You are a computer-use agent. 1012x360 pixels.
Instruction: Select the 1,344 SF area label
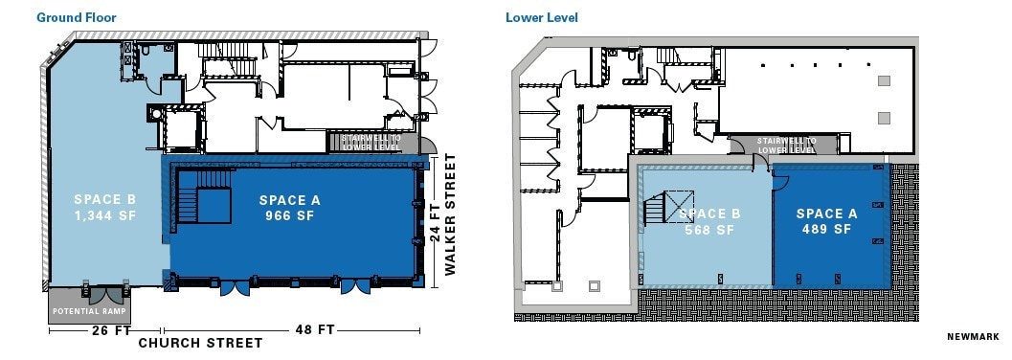105,216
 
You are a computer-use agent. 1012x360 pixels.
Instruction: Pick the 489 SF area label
826,230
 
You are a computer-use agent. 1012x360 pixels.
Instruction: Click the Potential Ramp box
89,311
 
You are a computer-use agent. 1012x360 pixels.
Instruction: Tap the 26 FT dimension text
104,330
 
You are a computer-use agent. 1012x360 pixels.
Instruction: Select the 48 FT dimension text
312,330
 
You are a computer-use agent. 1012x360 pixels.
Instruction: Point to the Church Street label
200,343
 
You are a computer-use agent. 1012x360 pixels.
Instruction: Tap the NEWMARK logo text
973,336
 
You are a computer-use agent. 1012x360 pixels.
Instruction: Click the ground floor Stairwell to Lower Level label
372,142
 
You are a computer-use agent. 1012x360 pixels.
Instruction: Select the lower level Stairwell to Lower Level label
786,146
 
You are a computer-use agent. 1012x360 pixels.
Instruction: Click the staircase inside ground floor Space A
203,206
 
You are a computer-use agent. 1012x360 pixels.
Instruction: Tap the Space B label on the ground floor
105,200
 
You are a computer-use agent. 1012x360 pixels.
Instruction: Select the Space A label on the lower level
826,214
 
